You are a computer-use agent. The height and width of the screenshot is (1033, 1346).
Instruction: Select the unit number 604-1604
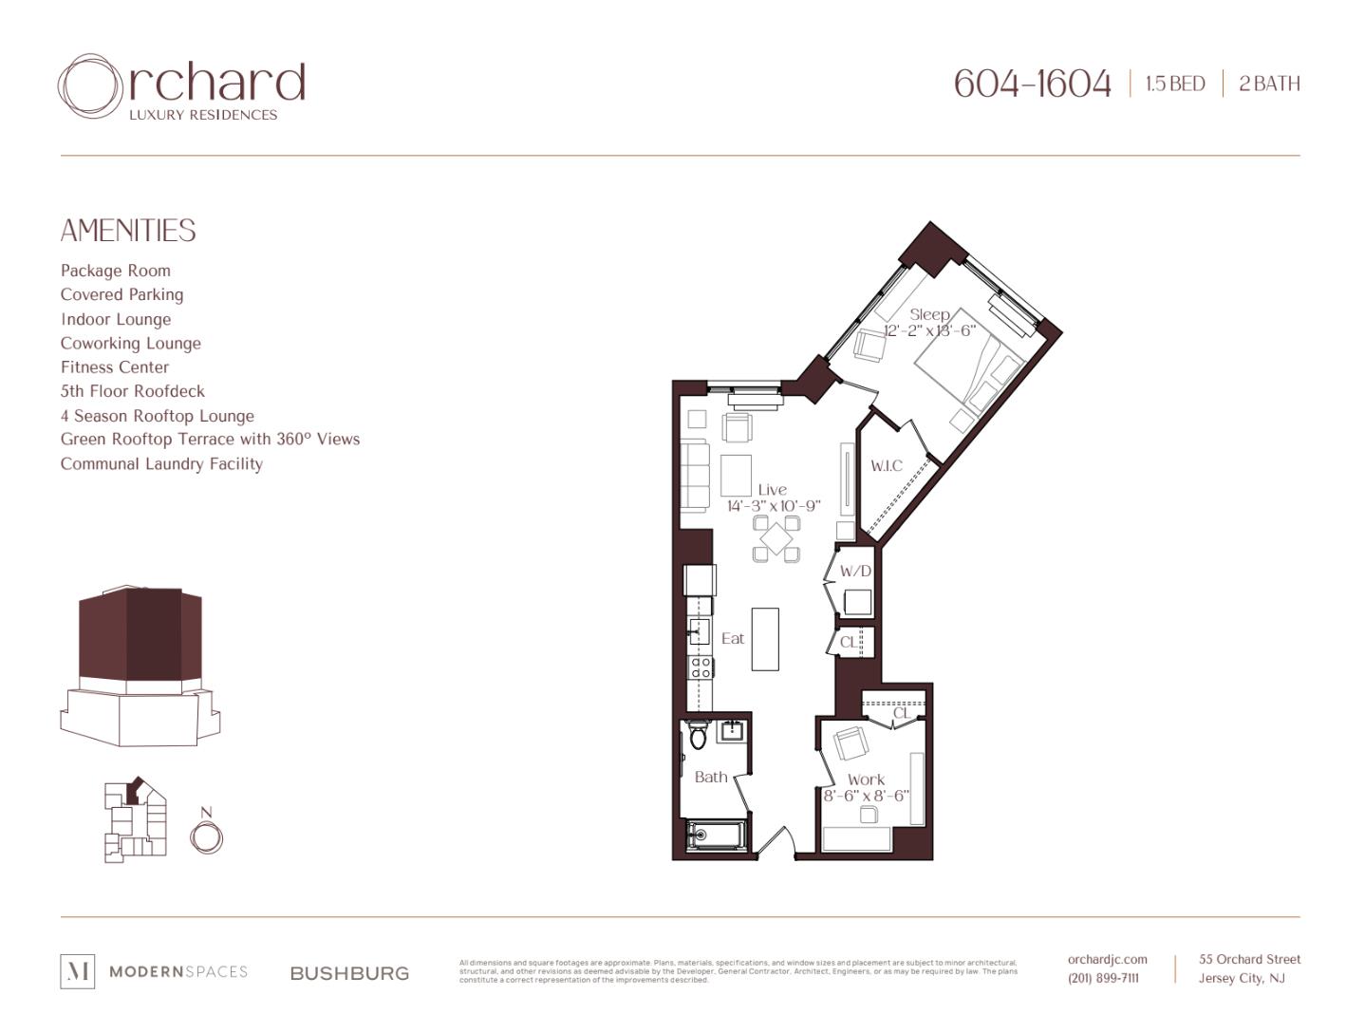(1032, 84)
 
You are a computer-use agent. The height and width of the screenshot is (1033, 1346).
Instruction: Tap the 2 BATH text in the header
(1269, 84)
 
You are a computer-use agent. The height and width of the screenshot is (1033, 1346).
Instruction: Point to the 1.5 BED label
(1175, 84)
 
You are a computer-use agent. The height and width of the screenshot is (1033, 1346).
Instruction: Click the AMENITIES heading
(128, 231)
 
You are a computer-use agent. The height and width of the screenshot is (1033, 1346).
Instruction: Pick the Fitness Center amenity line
(115, 367)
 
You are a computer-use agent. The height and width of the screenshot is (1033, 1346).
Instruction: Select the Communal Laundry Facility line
(161, 464)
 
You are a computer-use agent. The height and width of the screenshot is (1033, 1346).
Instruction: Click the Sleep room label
(929, 314)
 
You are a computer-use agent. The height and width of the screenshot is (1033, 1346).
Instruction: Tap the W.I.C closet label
(887, 465)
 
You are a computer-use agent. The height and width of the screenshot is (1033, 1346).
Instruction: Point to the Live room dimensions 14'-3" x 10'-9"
(774, 506)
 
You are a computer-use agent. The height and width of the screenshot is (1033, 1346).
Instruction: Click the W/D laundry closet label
(855, 572)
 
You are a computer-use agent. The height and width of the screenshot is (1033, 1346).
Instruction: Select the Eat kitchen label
(733, 638)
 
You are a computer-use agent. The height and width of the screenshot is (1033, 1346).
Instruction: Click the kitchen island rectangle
(765, 639)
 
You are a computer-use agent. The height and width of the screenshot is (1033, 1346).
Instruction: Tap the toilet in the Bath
(699, 734)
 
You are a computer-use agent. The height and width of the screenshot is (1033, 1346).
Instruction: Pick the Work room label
(866, 779)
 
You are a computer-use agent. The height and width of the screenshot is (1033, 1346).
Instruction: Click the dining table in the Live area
(776, 539)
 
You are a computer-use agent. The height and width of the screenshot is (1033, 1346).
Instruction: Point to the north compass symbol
(206, 836)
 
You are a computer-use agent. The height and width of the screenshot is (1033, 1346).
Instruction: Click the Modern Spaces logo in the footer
(154, 971)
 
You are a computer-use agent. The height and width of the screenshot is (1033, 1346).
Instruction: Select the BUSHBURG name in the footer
(349, 973)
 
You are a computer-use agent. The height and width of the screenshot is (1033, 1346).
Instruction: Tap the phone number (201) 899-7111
(1103, 978)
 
